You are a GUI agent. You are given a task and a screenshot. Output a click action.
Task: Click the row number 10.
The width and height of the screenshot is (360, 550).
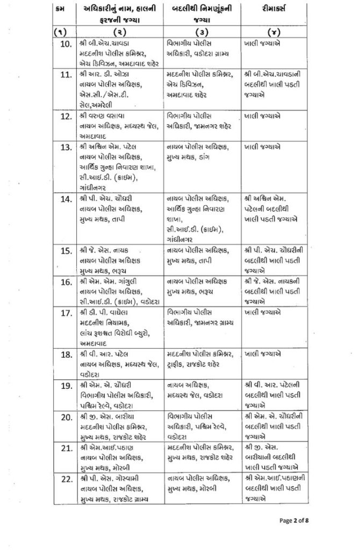pos(67,44)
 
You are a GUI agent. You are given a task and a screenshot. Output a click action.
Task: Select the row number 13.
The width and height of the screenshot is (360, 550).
pos(67,147)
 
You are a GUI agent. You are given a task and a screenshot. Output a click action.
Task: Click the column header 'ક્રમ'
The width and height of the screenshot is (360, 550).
pos(63,10)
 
